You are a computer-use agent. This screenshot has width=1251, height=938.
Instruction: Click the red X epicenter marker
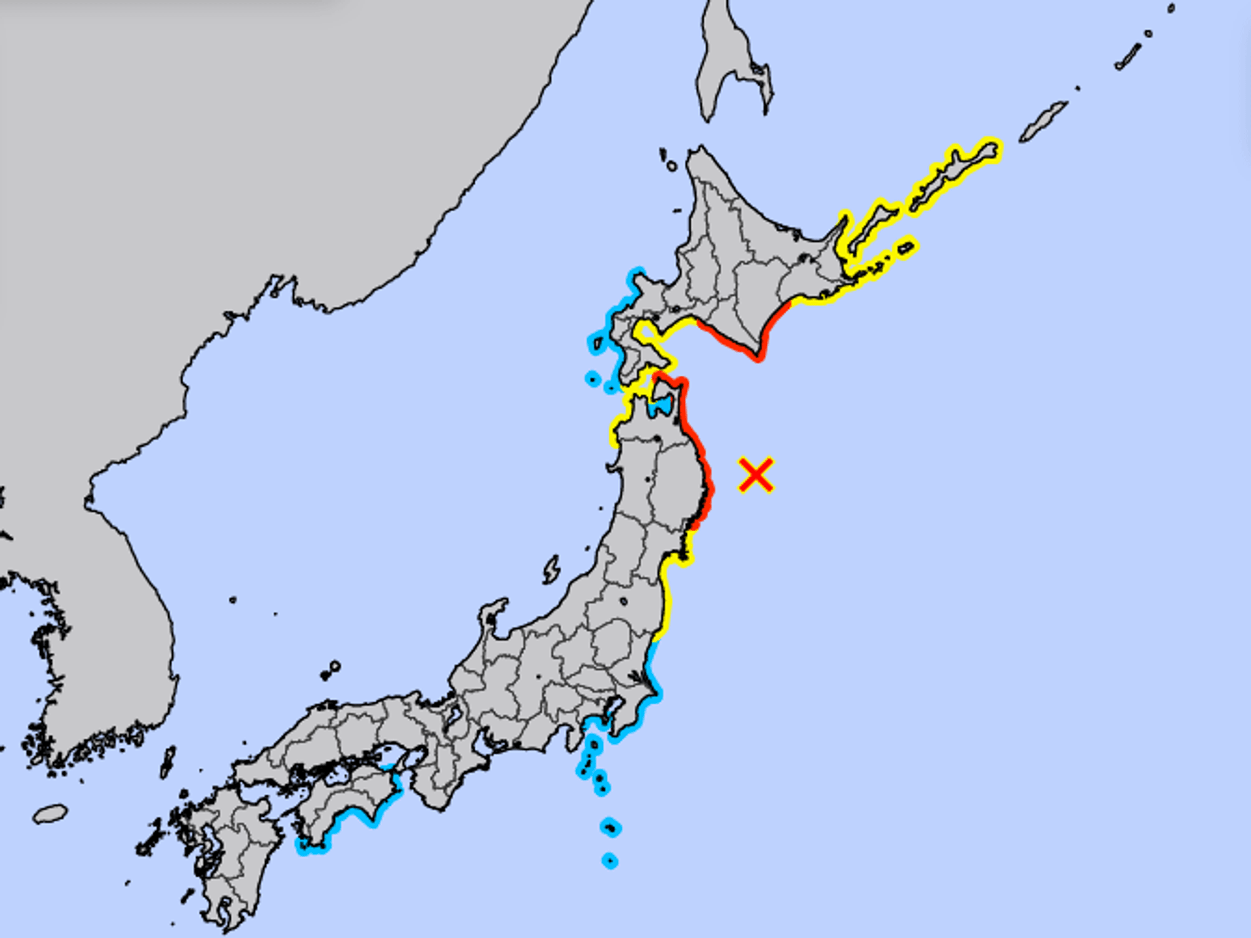coord(756,475)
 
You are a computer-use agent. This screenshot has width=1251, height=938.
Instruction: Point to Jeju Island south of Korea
coord(50,814)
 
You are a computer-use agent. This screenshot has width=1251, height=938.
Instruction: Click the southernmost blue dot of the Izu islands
coord(610,861)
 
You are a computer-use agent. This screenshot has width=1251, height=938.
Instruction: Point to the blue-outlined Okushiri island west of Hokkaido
coord(597,343)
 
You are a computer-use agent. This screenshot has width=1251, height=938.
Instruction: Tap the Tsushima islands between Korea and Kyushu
coord(168,763)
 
